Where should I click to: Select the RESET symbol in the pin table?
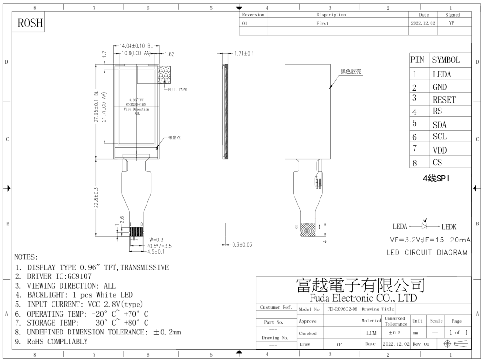pos(444,100)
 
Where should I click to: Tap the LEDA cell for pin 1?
pos(441,74)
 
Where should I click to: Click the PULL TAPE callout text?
pos(177,90)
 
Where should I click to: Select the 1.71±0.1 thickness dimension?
pos(244,54)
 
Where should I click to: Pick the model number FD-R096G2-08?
pos(342,309)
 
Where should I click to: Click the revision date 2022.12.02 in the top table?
pos(423,23)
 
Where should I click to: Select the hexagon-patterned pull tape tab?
pos(167,74)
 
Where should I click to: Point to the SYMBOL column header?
pos(446,60)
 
